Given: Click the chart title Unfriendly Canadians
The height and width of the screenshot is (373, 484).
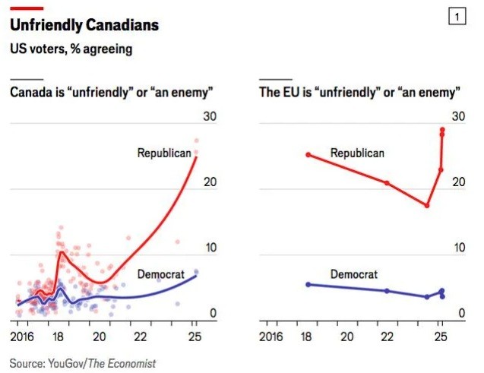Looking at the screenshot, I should click(x=84, y=25).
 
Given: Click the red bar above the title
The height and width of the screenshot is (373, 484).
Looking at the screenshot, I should click(x=26, y=8).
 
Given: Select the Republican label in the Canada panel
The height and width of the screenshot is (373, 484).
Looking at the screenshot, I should click(x=164, y=153).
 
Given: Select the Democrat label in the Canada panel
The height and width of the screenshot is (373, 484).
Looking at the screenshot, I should click(x=161, y=274).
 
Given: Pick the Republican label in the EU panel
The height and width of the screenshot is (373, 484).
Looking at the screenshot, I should click(x=357, y=153).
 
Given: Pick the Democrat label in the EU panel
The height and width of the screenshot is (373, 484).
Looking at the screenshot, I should click(x=354, y=274).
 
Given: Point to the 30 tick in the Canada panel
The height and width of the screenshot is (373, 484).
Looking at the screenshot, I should click(x=210, y=116).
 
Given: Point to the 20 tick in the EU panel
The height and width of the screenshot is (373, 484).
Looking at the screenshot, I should click(x=457, y=182).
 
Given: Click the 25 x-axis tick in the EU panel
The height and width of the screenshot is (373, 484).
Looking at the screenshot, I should click(x=441, y=336).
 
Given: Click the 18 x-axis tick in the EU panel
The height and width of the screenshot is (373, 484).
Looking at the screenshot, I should click(x=308, y=336).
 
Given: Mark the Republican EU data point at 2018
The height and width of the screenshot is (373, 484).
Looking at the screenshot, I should click(x=308, y=155).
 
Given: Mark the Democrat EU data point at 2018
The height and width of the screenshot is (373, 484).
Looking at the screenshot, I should click(x=308, y=284).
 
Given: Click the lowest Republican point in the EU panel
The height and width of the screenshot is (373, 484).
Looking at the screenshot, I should click(x=427, y=206).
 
